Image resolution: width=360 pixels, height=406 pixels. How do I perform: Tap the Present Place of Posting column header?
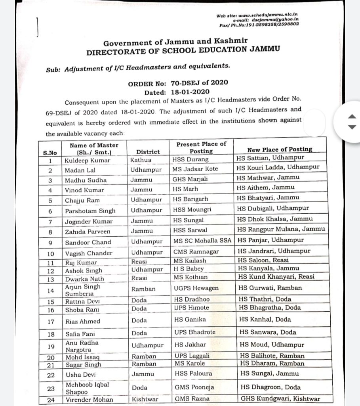[201, 147]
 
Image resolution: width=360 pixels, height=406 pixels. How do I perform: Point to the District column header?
[148, 151]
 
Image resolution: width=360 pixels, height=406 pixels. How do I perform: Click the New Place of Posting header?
[280, 149]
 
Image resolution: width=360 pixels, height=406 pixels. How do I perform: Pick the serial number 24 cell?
[51, 400]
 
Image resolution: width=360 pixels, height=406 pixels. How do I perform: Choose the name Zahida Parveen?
[88, 232]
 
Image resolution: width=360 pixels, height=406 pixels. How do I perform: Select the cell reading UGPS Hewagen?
[196, 288]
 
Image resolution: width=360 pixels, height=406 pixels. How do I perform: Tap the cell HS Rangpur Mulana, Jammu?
[281, 229]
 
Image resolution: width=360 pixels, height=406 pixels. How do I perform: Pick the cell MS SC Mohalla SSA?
[202, 240]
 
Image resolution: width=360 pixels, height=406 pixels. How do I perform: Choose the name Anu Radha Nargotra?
[82, 346]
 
